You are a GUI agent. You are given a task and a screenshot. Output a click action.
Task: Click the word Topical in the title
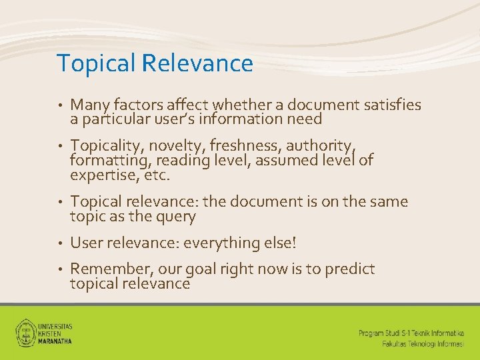click(97, 63)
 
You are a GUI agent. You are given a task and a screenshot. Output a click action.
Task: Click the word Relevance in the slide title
click(197, 63)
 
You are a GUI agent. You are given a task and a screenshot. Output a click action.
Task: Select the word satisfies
click(390, 105)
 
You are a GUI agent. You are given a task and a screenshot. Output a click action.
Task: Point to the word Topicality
click(103, 146)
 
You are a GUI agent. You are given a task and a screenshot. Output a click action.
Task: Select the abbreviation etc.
click(157, 175)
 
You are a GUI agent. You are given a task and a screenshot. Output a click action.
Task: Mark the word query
click(175, 216)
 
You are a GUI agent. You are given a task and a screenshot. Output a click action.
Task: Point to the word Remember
click(106, 269)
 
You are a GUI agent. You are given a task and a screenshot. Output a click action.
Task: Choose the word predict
click(350, 269)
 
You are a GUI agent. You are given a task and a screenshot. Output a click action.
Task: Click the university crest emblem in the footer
click(27, 331)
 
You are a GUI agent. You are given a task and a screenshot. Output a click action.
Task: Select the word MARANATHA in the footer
click(55, 340)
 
